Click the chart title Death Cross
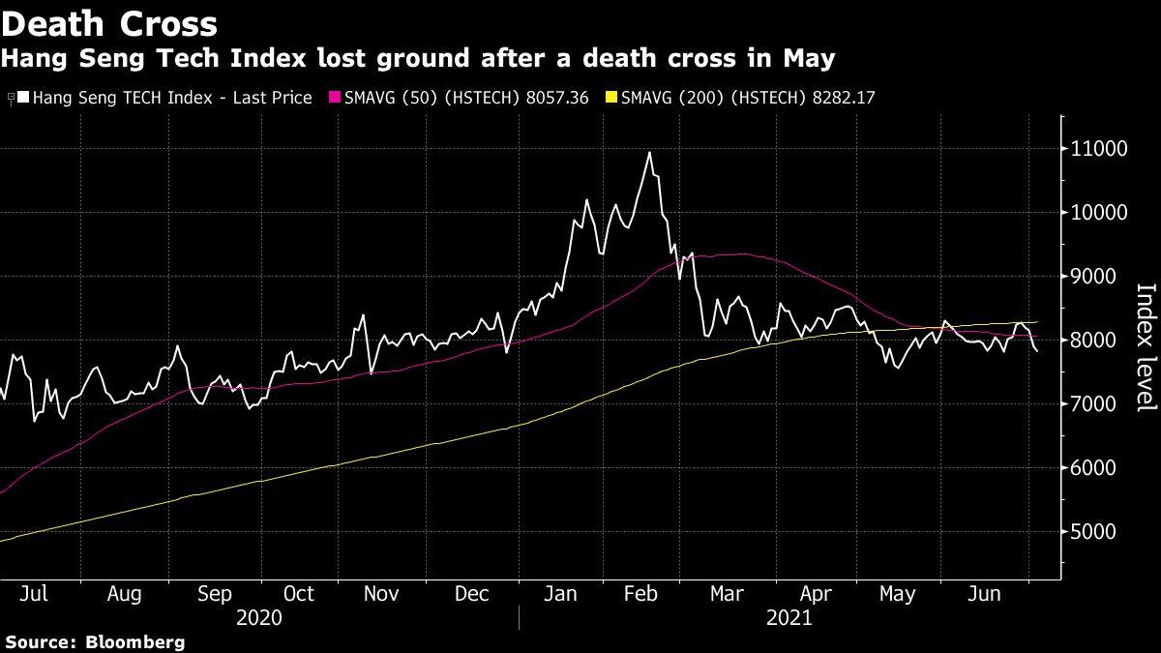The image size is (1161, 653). coord(109,22)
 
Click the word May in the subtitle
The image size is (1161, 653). coord(808,58)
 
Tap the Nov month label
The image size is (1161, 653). coord(383,594)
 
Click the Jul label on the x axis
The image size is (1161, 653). coord(33,594)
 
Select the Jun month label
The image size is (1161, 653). coord(985,594)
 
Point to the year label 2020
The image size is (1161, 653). coord(258,617)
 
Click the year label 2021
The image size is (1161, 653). coord(789,617)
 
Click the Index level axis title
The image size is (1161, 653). coord(1145,346)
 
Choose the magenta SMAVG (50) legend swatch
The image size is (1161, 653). coord(336,98)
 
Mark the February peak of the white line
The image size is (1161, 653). coord(649,153)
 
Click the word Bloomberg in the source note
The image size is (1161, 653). coord(135,641)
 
